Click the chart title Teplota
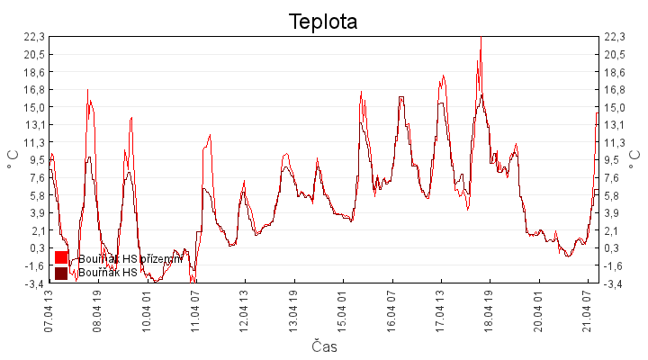[x=323, y=22]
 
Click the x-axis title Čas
[x=324, y=346]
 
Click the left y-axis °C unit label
[x=13, y=159]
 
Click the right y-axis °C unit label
[x=634, y=159]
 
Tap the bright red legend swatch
[x=61, y=258]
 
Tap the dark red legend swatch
[x=61, y=273]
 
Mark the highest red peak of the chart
[x=481, y=38]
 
